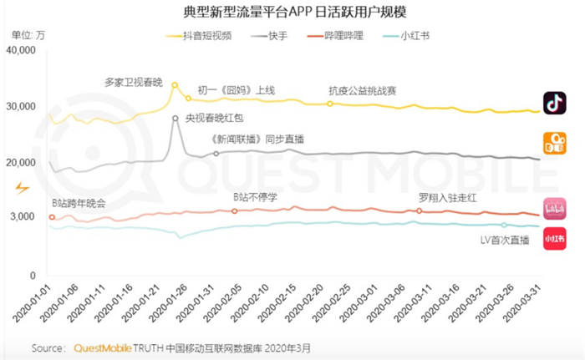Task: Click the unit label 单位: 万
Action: (x=28, y=34)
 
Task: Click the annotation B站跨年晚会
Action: (x=79, y=203)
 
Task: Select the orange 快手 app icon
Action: (x=554, y=144)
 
